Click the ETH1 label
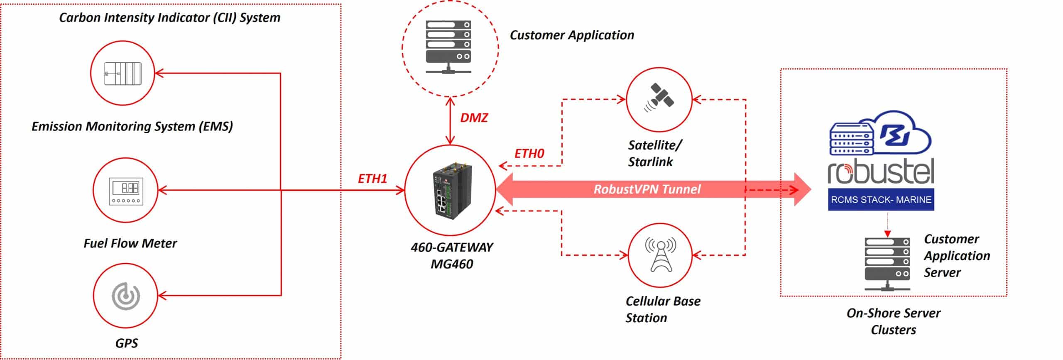[x=372, y=179]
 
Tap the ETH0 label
[x=529, y=154]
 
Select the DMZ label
[x=474, y=118]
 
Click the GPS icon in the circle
[x=125, y=296]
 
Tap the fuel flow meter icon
[x=125, y=191]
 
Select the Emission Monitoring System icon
[x=122, y=73]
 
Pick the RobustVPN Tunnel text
[x=647, y=189]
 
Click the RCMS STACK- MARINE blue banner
[x=881, y=200]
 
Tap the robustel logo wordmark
[x=881, y=171]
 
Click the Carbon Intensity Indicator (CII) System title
[x=169, y=18]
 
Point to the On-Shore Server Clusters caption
[x=893, y=321]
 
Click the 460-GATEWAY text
[x=451, y=247]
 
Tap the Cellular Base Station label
[x=663, y=309]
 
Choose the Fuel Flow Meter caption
[x=130, y=243]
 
